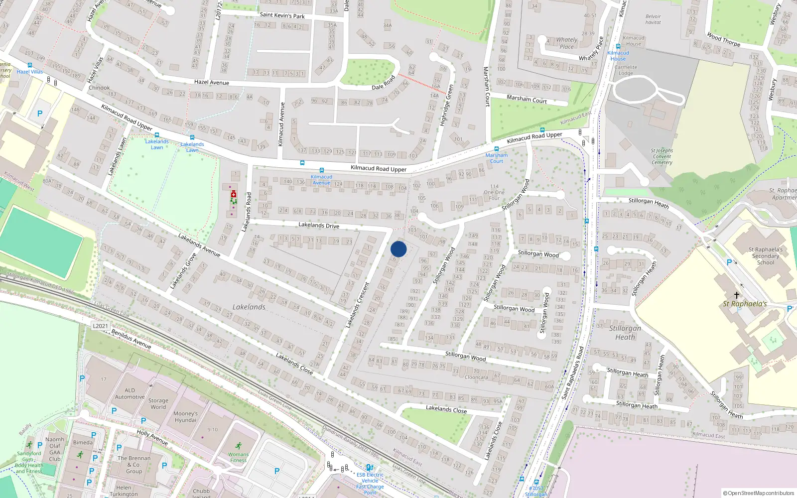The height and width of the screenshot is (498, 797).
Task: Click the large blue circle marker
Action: pos(398,249)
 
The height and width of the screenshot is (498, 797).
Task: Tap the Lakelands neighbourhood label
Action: pos(249,307)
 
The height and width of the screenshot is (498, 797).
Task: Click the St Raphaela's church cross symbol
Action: pos(737,295)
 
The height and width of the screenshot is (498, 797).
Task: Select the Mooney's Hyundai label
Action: pos(185,416)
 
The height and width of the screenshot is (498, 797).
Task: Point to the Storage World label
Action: pos(158,403)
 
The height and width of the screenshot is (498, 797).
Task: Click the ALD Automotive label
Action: pos(130,393)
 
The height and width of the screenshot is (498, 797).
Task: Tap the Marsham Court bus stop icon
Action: pos(496,149)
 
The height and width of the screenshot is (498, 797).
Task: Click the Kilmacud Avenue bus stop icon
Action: pos(321,170)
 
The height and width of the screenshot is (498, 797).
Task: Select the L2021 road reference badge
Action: pos(100,326)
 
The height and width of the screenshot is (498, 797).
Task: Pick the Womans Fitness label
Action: pos(238,457)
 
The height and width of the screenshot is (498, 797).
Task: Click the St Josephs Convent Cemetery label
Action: pos(662,156)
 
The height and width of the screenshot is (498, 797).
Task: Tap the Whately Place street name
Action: pos(591,49)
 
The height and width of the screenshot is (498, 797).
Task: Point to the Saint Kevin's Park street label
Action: pos(282,15)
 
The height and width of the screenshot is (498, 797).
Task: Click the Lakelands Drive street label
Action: pos(319,225)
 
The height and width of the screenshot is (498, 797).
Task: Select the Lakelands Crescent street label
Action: pos(358,305)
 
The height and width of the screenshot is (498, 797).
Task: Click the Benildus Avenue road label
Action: pos(131,339)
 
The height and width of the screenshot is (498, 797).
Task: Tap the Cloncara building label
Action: pos(476,377)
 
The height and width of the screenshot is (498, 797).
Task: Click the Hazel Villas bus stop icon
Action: pos(30,65)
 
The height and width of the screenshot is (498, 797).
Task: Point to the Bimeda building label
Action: pos(83,442)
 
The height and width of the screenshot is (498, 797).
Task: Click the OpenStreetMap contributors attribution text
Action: pos(759,493)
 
